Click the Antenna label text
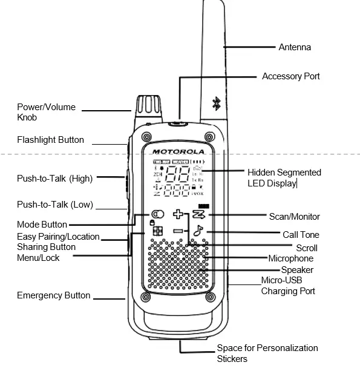(x=294, y=47)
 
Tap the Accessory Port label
(x=290, y=76)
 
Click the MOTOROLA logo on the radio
(x=177, y=151)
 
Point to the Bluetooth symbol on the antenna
(x=216, y=103)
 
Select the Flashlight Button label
(x=50, y=140)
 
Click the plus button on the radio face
(x=178, y=214)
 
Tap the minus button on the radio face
(x=177, y=231)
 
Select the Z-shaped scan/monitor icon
(x=199, y=215)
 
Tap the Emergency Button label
(x=53, y=295)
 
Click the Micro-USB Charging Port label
(x=288, y=286)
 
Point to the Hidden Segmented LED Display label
(x=284, y=177)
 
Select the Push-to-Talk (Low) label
(x=54, y=205)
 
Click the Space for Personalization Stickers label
(x=267, y=353)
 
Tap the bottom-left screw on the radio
(x=146, y=297)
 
